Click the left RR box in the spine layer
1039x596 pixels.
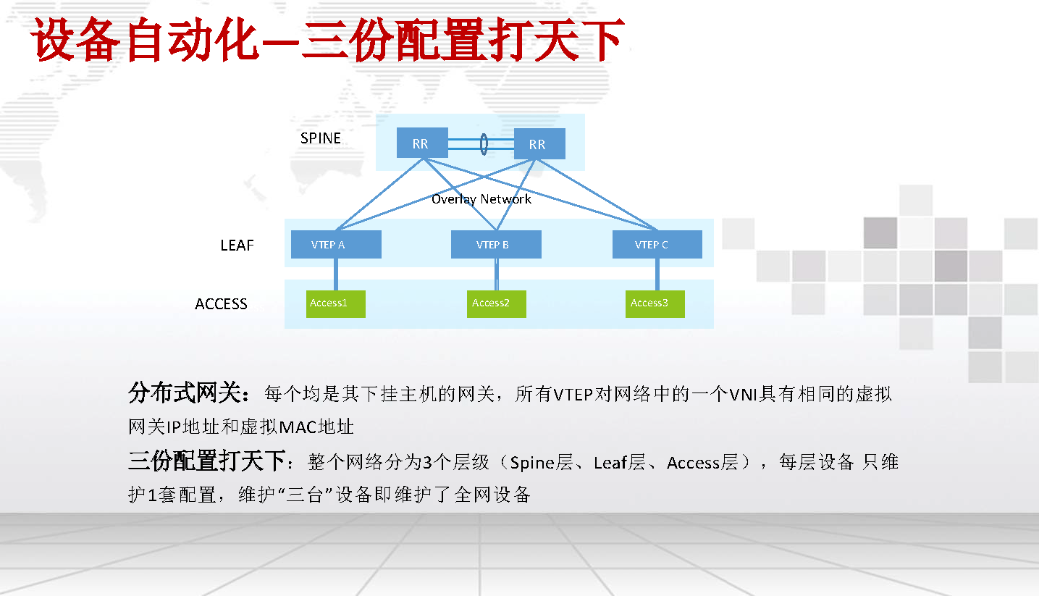point(422,143)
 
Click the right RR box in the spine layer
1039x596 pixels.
point(539,144)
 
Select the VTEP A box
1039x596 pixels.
point(336,245)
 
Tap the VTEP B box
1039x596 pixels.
point(496,245)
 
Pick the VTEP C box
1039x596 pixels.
point(657,245)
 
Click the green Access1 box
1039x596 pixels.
point(336,304)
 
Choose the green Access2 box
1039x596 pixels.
point(496,304)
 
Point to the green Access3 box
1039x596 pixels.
point(655,304)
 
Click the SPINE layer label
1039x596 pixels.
point(321,138)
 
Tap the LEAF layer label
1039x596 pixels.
point(237,245)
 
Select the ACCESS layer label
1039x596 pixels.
point(221,304)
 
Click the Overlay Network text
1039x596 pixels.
point(481,199)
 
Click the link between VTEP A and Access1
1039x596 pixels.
point(336,274)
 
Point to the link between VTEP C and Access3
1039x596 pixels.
point(657,274)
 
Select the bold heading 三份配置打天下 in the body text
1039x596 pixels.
point(206,461)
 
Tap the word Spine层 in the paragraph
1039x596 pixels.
point(542,463)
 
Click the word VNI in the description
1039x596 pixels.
point(743,395)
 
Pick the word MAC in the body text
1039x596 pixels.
point(298,427)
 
